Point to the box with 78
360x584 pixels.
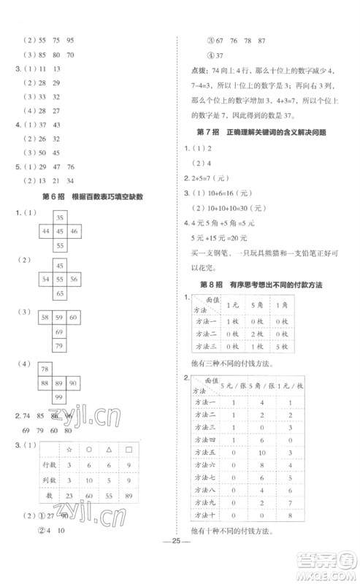coord(46,369)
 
